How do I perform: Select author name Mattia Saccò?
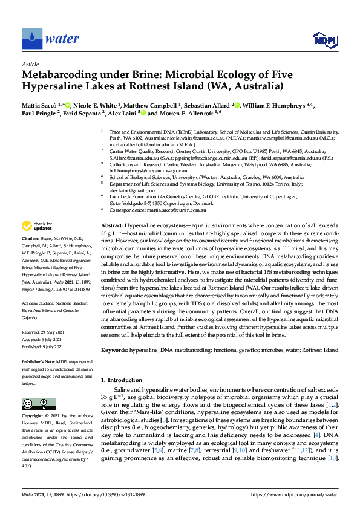[40, 105]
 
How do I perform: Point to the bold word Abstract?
[111, 225]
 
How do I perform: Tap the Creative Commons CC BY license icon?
[34, 403]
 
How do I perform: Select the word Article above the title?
[30, 63]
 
